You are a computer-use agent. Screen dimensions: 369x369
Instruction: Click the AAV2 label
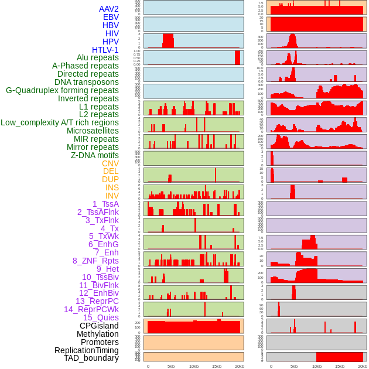coord(109,9)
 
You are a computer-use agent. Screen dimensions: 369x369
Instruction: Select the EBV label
coord(111,17)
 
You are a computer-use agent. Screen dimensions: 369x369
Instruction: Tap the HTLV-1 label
coord(105,50)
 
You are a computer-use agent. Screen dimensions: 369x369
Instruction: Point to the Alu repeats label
coord(98,57)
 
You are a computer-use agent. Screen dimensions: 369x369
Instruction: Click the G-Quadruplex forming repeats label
coord(62,90)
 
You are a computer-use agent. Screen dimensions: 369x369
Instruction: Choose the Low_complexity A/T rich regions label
coord(60,122)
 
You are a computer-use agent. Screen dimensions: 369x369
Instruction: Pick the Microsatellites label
coord(93,131)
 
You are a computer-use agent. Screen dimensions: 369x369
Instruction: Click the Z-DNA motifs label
coord(95,155)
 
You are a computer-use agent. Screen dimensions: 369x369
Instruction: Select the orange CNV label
coord(110,163)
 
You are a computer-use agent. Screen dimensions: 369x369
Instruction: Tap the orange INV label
coord(112,196)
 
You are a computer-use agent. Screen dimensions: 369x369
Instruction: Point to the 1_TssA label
coord(105,204)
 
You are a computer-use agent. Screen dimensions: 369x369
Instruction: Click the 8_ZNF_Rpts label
coord(95,261)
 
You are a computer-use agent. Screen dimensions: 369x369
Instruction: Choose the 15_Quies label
coord(101,317)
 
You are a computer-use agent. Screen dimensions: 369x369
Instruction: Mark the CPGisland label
coord(99,326)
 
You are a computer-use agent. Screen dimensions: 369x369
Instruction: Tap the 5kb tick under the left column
coord(171,366)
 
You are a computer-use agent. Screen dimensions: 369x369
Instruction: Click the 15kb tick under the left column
coord(217,366)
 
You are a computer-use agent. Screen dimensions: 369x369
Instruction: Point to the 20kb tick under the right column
coord(363,366)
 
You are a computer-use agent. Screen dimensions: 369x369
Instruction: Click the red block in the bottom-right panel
coord(340,357)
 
